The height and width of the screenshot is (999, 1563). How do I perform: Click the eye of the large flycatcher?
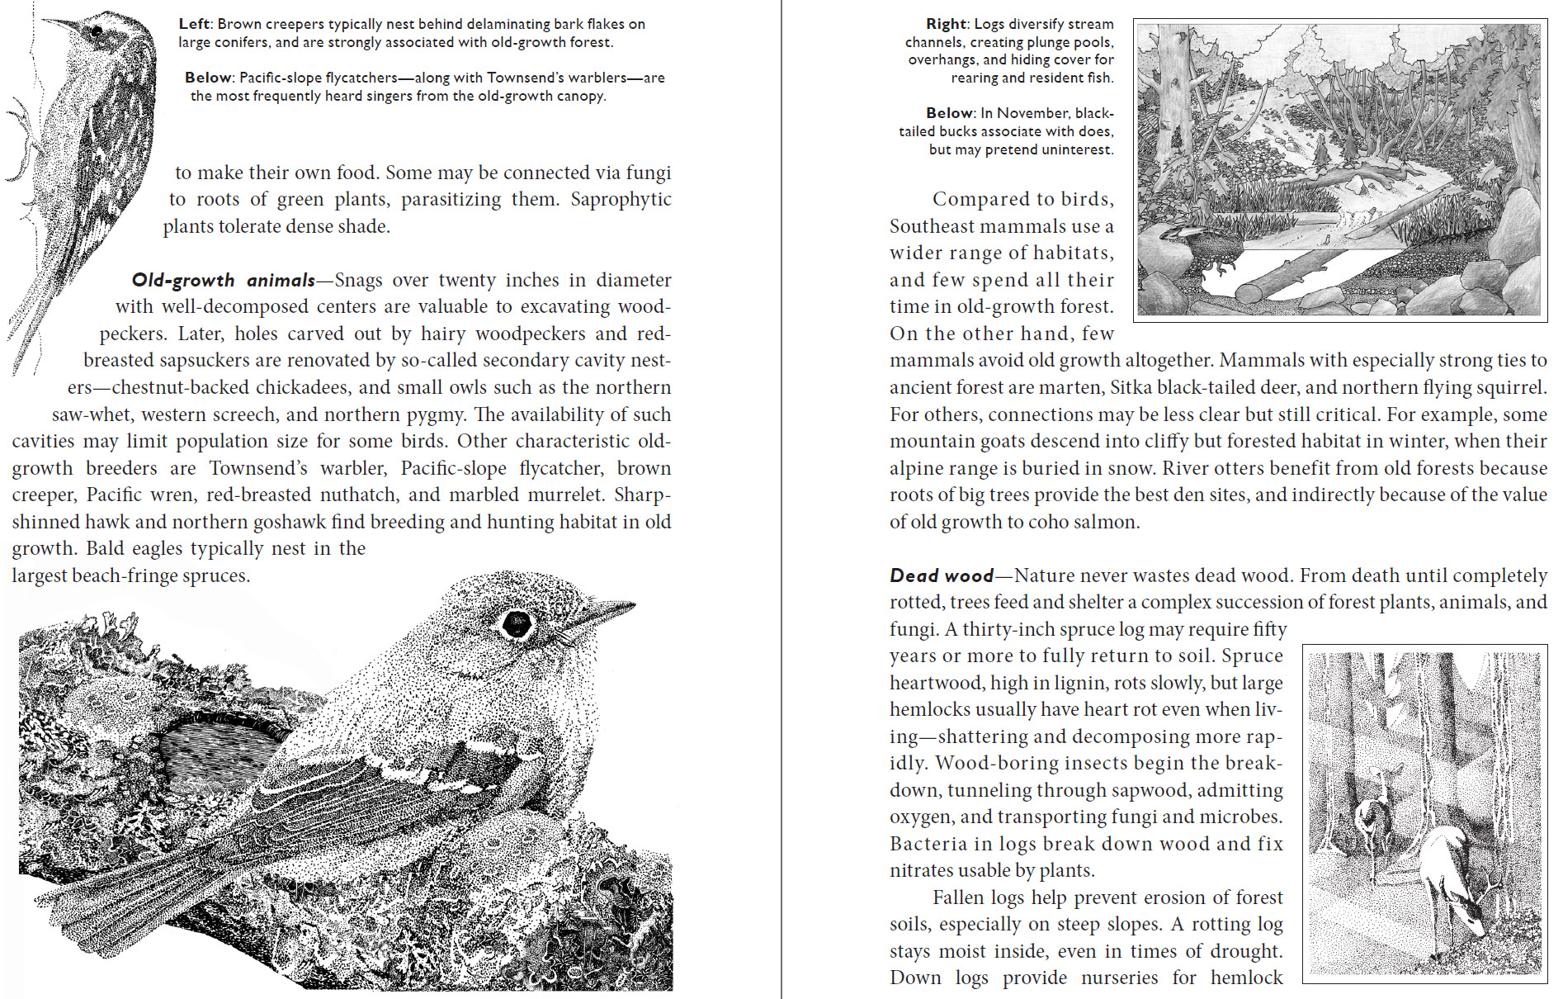click(517, 623)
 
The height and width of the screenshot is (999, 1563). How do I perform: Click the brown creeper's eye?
click(97, 31)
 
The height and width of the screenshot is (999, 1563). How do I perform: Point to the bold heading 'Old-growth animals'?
click(224, 281)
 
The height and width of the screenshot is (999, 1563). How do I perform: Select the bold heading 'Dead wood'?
click(941, 576)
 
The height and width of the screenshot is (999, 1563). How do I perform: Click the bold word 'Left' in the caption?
click(195, 24)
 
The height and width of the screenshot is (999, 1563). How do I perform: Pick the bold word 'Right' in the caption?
click(946, 24)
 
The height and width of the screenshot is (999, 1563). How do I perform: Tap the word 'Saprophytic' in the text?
click(621, 200)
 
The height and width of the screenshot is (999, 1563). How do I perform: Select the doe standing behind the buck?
click(1374, 817)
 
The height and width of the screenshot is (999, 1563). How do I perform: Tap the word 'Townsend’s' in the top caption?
click(535, 78)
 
